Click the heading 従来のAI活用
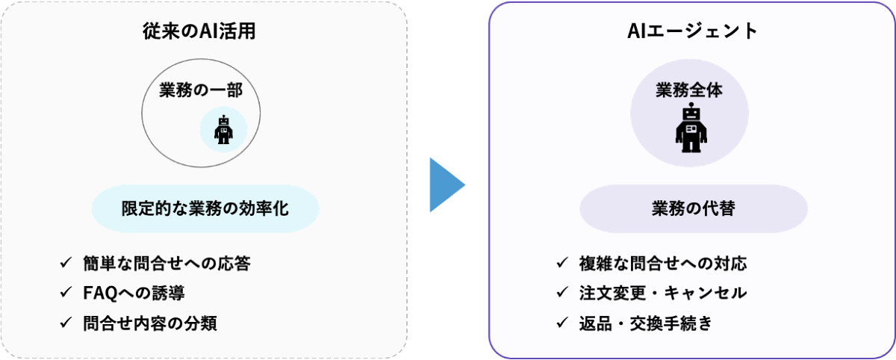(x=203, y=31)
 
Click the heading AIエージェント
(x=692, y=31)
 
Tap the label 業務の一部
(x=201, y=90)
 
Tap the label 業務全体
(x=689, y=90)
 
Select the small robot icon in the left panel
(x=223, y=131)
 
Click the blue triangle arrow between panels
(x=447, y=184)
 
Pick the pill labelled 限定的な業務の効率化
(x=205, y=208)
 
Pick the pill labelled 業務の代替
(x=693, y=208)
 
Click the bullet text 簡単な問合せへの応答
(x=167, y=264)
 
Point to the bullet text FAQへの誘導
(x=134, y=294)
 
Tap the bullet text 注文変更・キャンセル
(x=662, y=294)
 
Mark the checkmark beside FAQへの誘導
(x=65, y=294)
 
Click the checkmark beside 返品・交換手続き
(x=561, y=323)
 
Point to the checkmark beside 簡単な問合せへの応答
(x=65, y=264)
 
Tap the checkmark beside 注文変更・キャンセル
(x=561, y=294)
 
